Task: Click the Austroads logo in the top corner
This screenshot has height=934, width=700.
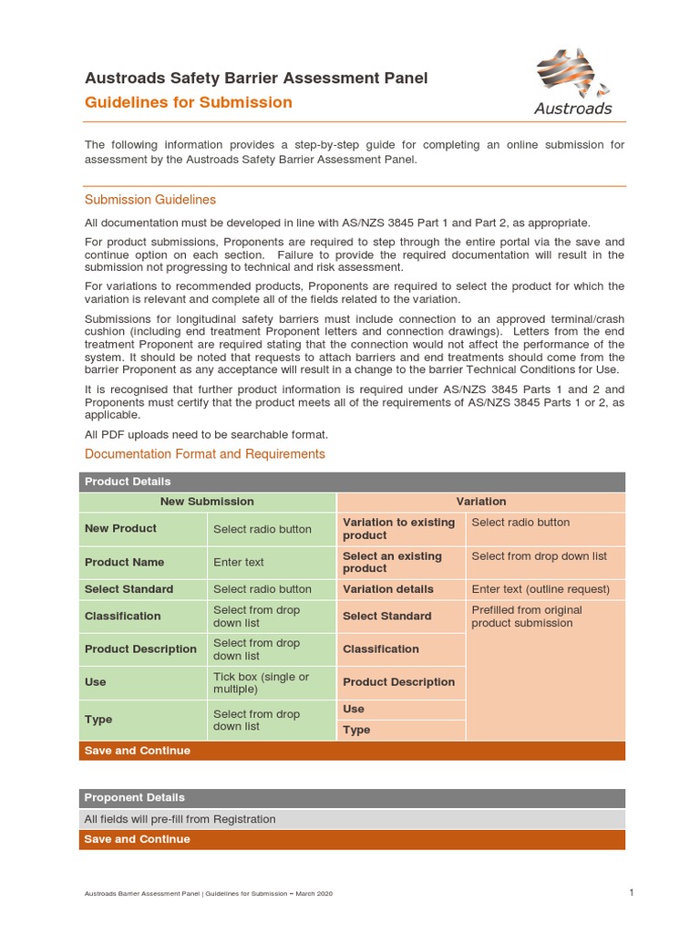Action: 572,84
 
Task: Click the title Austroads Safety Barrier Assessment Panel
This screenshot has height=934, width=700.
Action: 256,78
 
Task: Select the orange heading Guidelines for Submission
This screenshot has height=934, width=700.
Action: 189,102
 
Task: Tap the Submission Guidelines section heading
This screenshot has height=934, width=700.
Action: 150,200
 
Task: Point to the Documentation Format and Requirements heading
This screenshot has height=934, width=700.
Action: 204,453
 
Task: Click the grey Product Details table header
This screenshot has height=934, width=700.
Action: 352,482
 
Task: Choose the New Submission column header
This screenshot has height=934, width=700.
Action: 207,502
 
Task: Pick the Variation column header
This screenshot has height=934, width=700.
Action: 481,502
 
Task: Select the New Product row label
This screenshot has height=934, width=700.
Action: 120,529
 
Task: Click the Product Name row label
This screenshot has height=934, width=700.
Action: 125,563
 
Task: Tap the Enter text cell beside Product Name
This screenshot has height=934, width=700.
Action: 239,563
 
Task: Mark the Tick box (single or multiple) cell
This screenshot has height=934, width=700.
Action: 261,683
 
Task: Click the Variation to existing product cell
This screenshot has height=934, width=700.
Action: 398,529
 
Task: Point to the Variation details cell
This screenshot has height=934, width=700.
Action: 388,589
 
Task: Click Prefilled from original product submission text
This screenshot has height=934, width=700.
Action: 526,617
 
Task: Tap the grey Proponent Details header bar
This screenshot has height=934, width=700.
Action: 352,798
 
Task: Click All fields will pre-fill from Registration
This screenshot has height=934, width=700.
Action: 180,819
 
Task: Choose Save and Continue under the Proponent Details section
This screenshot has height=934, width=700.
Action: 138,839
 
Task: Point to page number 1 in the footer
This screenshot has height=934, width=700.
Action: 631,892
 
